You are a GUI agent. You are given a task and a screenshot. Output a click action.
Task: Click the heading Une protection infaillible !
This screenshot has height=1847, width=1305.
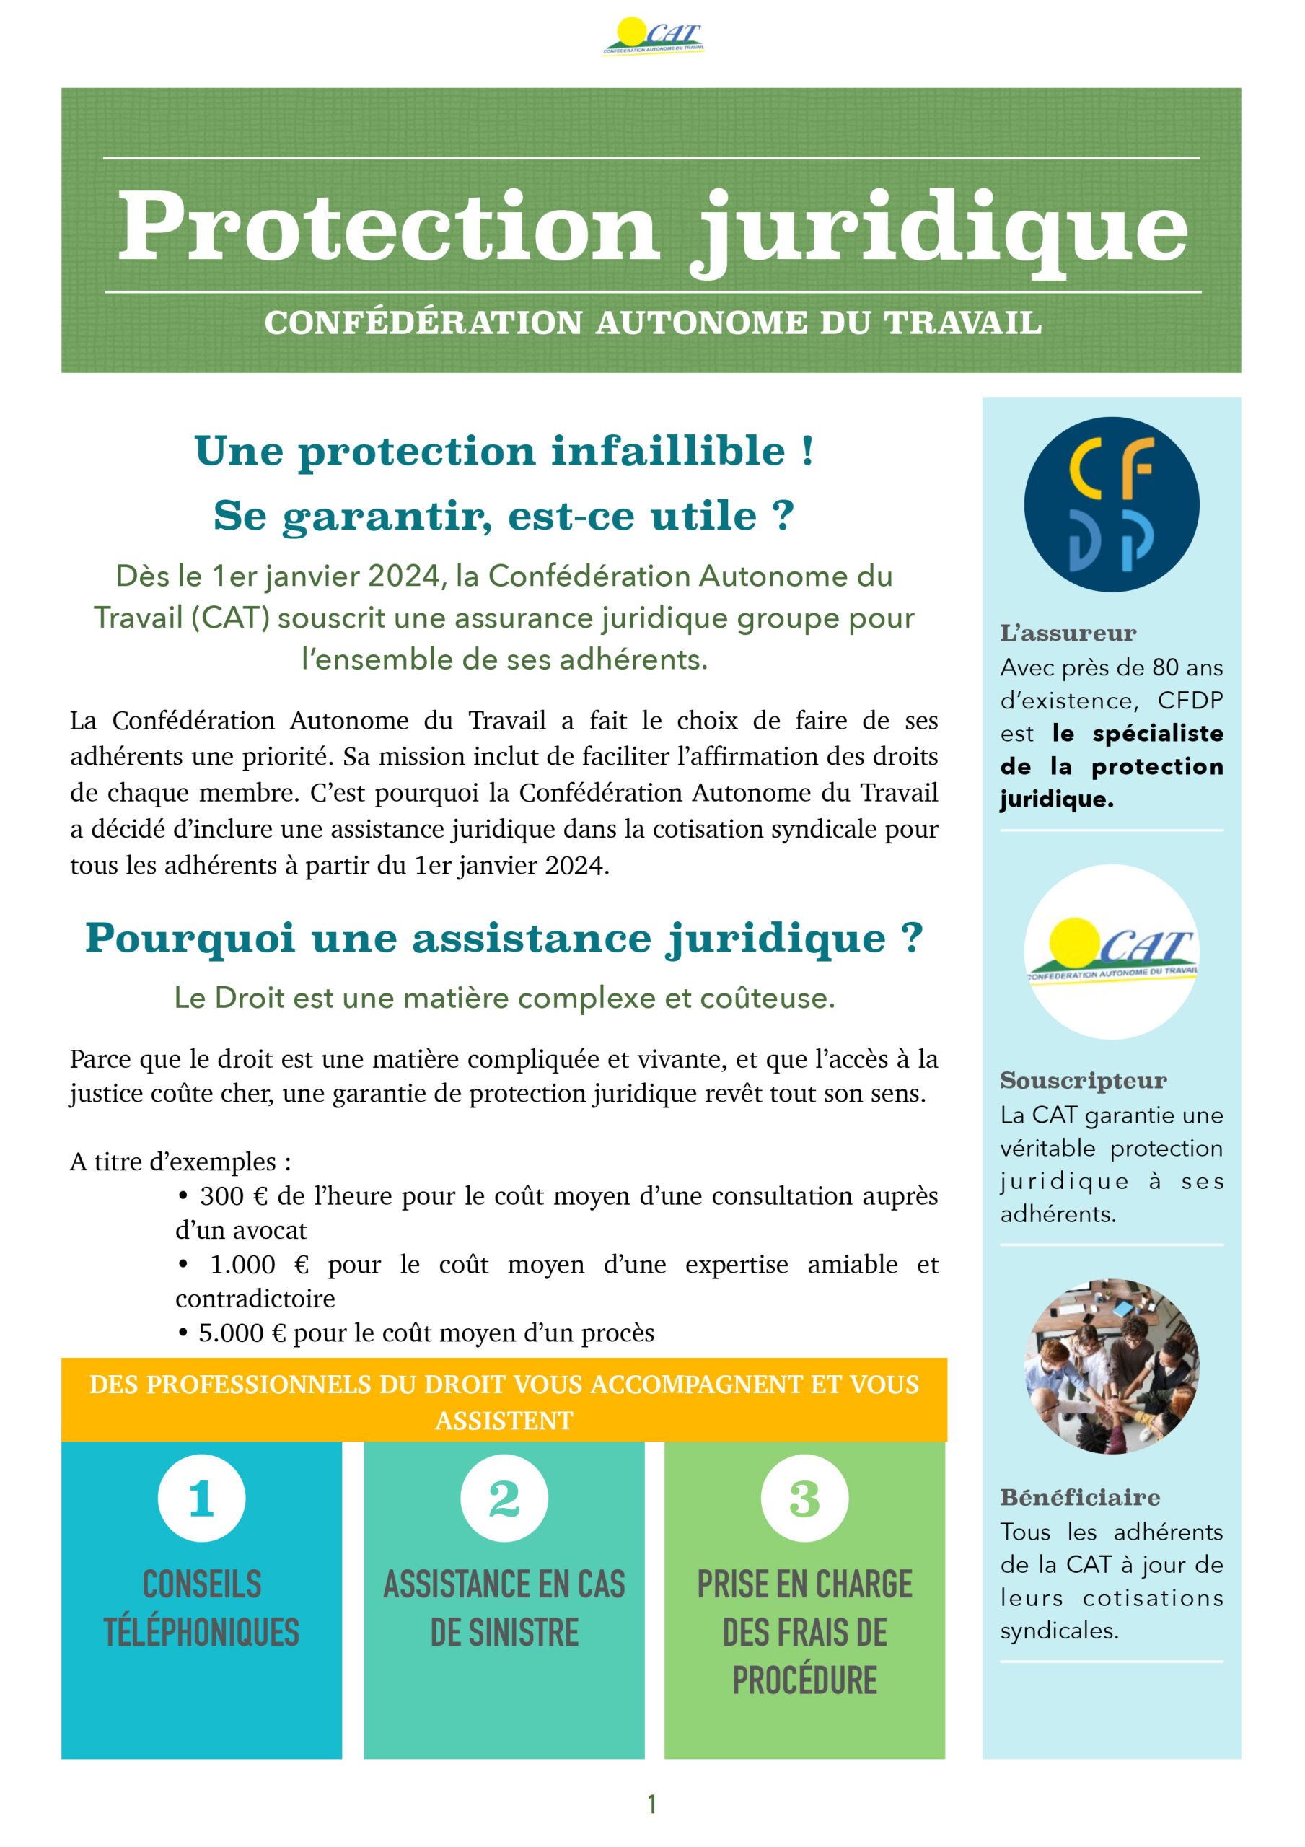pos(504,450)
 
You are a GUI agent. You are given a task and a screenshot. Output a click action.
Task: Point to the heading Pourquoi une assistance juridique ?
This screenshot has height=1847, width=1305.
pos(504,938)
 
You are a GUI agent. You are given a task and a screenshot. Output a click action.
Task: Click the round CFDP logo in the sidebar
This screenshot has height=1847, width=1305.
pos(1111,504)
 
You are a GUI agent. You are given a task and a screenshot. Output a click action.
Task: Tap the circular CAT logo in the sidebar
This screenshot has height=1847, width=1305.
pos(1111,952)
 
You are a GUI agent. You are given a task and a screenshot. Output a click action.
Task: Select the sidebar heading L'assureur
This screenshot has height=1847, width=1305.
pos(1068,633)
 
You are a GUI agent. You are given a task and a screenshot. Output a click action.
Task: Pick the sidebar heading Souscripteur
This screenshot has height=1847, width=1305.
pos(1083,1080)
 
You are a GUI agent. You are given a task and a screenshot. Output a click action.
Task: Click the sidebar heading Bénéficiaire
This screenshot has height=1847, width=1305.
pos(1080,1497)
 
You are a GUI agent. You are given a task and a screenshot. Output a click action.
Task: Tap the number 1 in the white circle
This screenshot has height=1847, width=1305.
pos(201,1499)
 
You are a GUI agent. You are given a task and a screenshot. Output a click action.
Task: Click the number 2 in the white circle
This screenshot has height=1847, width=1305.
pos(504,1499)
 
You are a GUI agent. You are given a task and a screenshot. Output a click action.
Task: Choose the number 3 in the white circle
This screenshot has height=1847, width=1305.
pos(804,1499)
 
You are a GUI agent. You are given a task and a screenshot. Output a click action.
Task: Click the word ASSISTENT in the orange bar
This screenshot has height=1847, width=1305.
pos(504,1421)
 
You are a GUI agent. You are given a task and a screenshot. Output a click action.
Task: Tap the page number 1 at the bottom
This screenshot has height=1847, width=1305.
pos(651,1804)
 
